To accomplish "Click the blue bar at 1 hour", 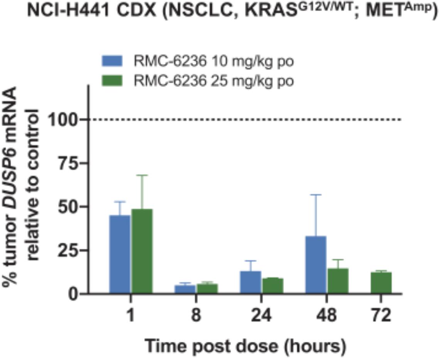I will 120,254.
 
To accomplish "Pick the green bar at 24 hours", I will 272,286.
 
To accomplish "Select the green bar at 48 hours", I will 337,281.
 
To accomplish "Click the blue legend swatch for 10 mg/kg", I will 112,61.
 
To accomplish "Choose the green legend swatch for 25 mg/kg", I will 112,81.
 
